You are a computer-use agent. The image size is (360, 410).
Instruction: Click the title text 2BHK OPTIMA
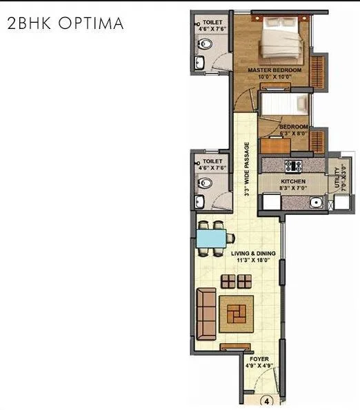point(65,23)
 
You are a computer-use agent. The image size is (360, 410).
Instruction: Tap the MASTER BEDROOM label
point(275,70)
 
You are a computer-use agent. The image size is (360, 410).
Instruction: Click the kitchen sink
point(314,202)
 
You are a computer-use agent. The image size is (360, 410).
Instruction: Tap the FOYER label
point(259,360)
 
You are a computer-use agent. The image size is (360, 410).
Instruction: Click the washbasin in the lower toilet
point(199,202)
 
